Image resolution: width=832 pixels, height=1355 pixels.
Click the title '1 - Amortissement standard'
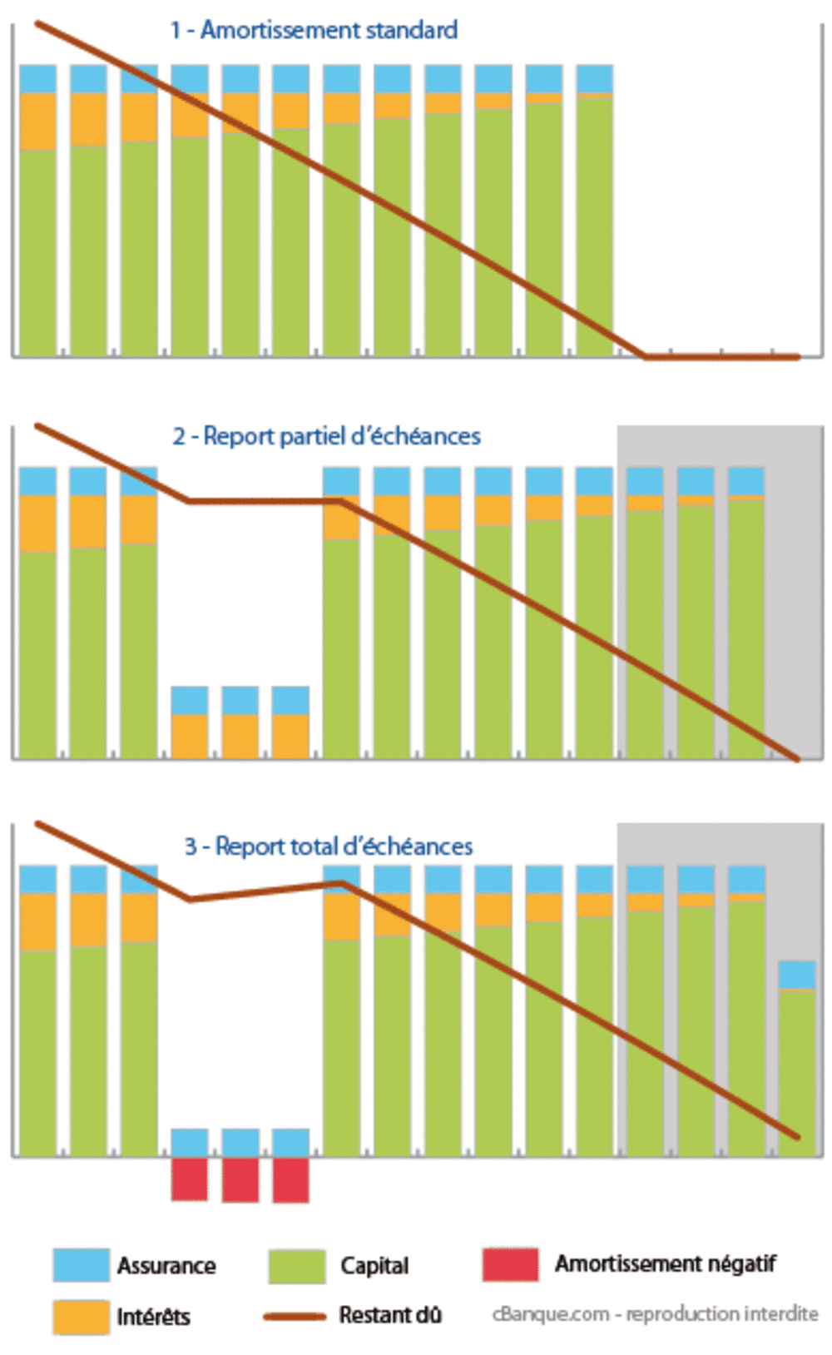(314, 31)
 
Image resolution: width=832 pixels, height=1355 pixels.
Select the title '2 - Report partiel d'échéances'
(326, 436)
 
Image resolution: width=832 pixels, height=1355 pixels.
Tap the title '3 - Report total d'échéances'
(328, 846)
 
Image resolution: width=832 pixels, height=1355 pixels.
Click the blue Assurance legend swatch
(81, 1264)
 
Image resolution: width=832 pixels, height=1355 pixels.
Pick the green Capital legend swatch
(296, 1265)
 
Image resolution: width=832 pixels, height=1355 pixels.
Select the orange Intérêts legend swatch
(81, 1317)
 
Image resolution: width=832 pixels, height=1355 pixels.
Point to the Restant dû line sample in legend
(295, 1316)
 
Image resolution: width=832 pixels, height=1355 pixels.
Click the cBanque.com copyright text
(655, 1313)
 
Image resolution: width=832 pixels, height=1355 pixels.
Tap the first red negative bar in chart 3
(190, 1179)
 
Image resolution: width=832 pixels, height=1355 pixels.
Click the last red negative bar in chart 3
(290, 1179)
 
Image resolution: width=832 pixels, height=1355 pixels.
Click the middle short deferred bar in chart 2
(240, 722)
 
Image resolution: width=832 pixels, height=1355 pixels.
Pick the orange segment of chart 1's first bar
(38, 122)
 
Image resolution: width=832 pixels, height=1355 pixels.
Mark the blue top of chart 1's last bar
(594, 78)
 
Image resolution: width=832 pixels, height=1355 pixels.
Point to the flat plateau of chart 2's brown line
(265, 501)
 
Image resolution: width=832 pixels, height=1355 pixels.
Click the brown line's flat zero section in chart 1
(721, 357)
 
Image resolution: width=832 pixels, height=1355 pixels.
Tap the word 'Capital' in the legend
(374, 1266)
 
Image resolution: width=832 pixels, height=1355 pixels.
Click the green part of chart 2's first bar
(38, 653)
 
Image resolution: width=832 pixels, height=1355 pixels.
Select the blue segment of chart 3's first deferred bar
(190, 1142)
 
